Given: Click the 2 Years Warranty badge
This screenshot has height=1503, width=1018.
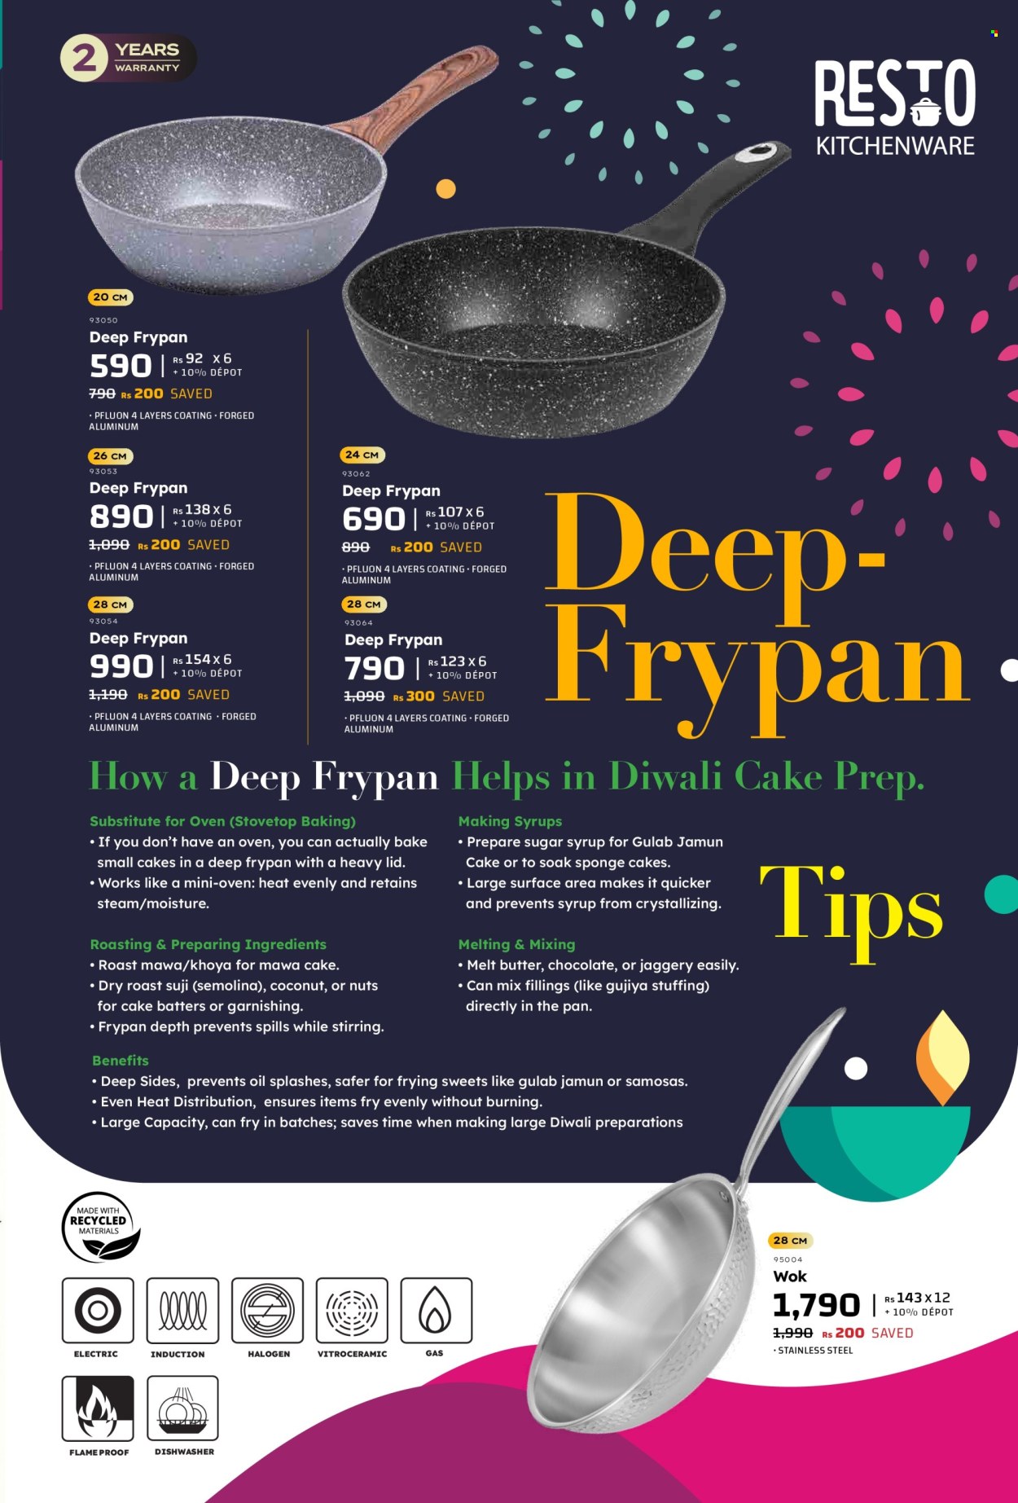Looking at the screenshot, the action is (129, 57).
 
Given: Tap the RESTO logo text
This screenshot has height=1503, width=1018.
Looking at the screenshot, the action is (895, 94).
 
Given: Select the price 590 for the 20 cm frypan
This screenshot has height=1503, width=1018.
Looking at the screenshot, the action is (121, 366).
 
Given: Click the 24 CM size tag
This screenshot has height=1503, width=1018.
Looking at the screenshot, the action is (362, 455).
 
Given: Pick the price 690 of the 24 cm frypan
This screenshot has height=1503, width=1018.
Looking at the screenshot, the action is (373, 519).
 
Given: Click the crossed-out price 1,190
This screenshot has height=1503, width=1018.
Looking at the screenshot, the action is (108, 695).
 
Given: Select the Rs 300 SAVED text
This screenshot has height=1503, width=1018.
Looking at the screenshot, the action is (438, 697).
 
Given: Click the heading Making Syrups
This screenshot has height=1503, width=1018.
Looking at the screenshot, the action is (510, 821).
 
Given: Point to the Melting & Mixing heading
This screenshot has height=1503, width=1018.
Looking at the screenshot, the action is (516, 944).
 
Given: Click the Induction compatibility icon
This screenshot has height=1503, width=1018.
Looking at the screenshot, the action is (182, 1310).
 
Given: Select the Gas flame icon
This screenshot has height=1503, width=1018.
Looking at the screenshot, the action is (436, 1310).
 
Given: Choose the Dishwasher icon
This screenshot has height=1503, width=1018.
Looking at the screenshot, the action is (182, 1408).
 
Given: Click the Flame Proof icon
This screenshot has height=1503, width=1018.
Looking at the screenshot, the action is (98, 1408).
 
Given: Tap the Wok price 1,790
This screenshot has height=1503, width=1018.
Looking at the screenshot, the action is (816, 1306).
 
